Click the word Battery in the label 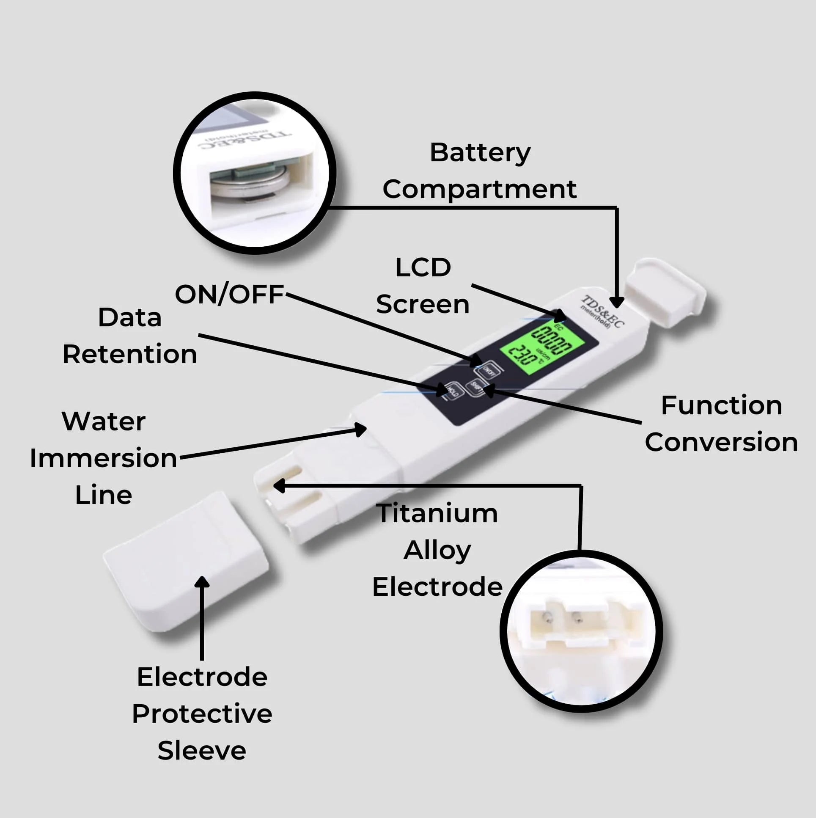pyautogui.click(x=480, y=153)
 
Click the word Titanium pyautogui.click(x=437, y=513)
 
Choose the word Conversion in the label pyautogui.click(x=721, y=443)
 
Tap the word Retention pyautogui.click(x=129, y=354)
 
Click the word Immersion pyautogui.click(x=103, y=458)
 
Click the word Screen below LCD pyautogui.click(x=423, y=304)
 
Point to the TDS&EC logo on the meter pyautogui.click(x=602, y=311)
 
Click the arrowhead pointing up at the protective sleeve pyautogui.click(x=202, y=583)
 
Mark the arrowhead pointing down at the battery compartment pyautogui.click(x=617, y=301)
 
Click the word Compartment pyautogui.click(x=479, y=189)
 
